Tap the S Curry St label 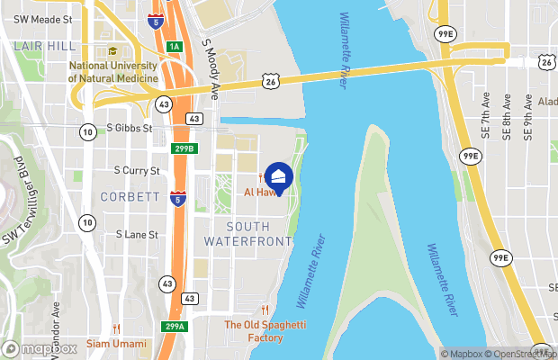pos(137,170)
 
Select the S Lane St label pos(137,234)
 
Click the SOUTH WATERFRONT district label pos(247,234)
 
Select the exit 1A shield pos(174,47)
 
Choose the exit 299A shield pos(174,326)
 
